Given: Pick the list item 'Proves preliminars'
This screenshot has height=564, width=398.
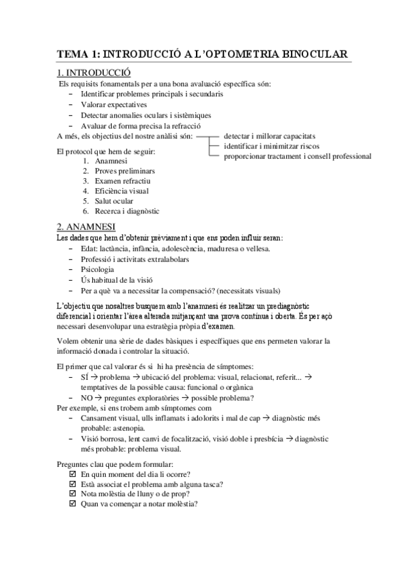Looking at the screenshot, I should (x=125, y=172).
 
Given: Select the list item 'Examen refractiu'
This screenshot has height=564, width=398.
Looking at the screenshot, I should (x=123, y=182).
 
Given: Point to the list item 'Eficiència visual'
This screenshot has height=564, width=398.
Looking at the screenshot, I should (x=122, y=192).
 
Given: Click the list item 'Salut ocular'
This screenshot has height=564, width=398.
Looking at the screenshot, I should (x=114, y=202).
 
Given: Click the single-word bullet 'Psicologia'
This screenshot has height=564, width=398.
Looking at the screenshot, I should (x=97, y=270).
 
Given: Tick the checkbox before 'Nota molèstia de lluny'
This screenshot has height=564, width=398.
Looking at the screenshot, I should (x=72, y=493).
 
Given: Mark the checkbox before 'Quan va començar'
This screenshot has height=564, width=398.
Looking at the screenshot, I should (x=72, y=503).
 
